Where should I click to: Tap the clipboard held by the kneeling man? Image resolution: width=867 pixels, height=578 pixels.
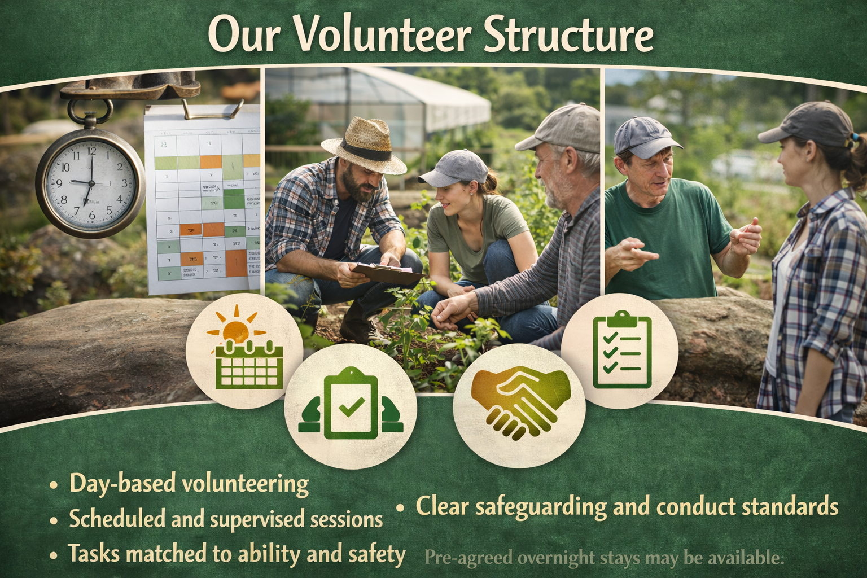[x=389, y=273]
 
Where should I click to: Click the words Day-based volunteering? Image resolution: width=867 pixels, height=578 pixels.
[x=189, y=484]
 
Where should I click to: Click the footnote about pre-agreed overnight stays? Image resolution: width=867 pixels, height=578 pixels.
[x=604, y=558]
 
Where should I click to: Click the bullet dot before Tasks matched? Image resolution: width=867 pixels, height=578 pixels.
[x=53, y=555]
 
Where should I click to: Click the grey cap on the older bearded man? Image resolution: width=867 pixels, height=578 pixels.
[x=562, y=128]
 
